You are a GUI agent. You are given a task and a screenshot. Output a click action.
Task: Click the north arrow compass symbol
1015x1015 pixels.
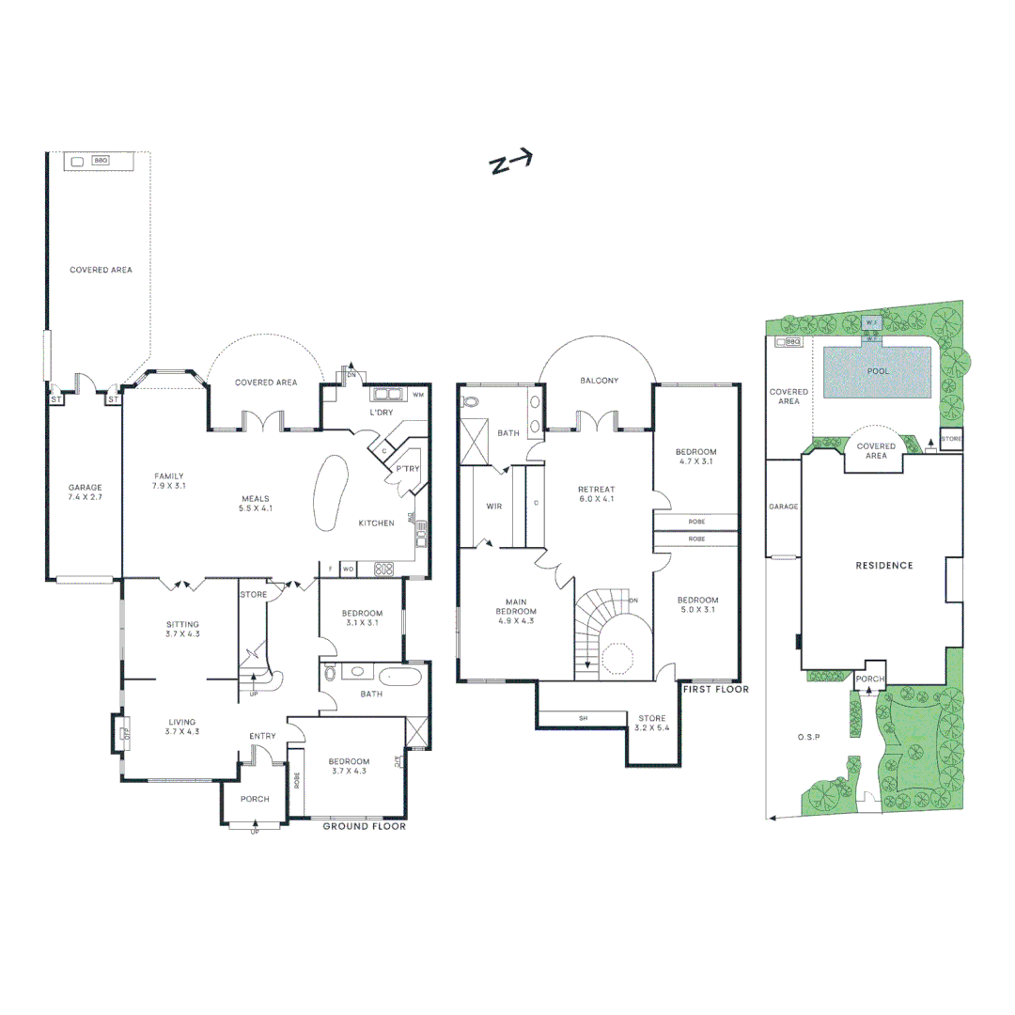pos(511,163)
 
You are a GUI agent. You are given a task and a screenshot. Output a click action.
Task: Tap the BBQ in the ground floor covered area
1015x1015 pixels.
pos(100,161)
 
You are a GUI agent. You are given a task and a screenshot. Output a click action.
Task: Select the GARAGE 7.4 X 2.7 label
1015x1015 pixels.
pos(85,492)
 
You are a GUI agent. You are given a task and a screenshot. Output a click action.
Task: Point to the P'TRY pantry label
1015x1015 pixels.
pos(407,469)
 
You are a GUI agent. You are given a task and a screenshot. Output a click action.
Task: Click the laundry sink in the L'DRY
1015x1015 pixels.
pos(386,395)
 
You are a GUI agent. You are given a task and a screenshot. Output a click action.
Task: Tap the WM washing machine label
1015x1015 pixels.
pos(418,395)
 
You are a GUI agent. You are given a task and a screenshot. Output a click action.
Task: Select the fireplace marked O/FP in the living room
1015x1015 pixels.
pos(120,733)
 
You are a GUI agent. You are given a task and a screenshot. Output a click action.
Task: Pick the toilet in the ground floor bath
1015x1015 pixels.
pos(330,673)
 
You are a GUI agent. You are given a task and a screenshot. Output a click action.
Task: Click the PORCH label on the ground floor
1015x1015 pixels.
pos(255,799)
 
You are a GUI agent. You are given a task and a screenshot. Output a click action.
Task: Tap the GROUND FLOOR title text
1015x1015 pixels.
pos(364,827)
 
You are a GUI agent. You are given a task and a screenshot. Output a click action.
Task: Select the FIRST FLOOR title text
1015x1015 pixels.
pos(715,689)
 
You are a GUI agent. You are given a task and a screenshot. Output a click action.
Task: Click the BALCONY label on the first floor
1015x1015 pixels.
pos(599,381)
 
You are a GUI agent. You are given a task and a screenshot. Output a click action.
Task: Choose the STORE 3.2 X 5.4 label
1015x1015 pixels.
pos(651,724)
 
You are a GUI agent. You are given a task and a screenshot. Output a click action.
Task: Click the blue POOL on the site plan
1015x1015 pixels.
pos(877,371)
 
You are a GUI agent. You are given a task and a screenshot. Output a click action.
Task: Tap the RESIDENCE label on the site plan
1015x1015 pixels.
pos(883,566)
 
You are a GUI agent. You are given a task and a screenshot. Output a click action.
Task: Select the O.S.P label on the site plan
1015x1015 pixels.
pos(809,737)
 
